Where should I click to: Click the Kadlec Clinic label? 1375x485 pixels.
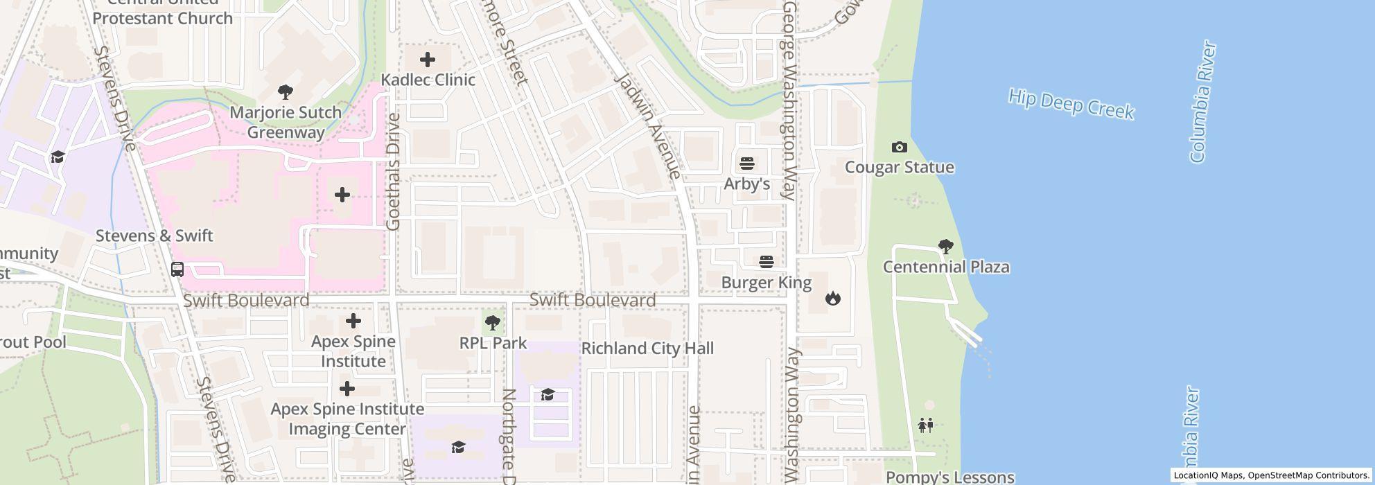(428, 80)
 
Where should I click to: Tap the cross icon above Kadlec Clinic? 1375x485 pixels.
(428, 60)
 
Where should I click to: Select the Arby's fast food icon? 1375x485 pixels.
(746, 164)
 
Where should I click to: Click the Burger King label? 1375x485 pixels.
(766, 283)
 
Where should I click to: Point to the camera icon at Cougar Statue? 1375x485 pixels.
(899, 147)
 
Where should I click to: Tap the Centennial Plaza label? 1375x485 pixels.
(945, 267)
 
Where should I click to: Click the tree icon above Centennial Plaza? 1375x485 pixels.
(945, 246)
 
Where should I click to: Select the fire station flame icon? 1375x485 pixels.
(832, 298)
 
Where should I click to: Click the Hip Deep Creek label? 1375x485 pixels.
(1071, 104)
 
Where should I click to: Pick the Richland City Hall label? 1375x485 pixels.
(647, 349)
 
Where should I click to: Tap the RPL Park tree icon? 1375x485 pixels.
(493, 323)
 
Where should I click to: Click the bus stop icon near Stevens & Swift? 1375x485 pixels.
(177, 269)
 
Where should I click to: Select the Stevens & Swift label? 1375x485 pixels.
(154, 236)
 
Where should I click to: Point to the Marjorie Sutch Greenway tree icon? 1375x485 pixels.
(285, 92)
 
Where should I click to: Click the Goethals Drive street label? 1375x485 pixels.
(394, 171)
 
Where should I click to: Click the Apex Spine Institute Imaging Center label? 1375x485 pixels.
(347, 418)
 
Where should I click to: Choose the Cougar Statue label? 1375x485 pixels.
(899, 168)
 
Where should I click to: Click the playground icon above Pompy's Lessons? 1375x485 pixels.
(926, 425)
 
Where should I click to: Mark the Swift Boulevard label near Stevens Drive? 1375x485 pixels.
(246, 301)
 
